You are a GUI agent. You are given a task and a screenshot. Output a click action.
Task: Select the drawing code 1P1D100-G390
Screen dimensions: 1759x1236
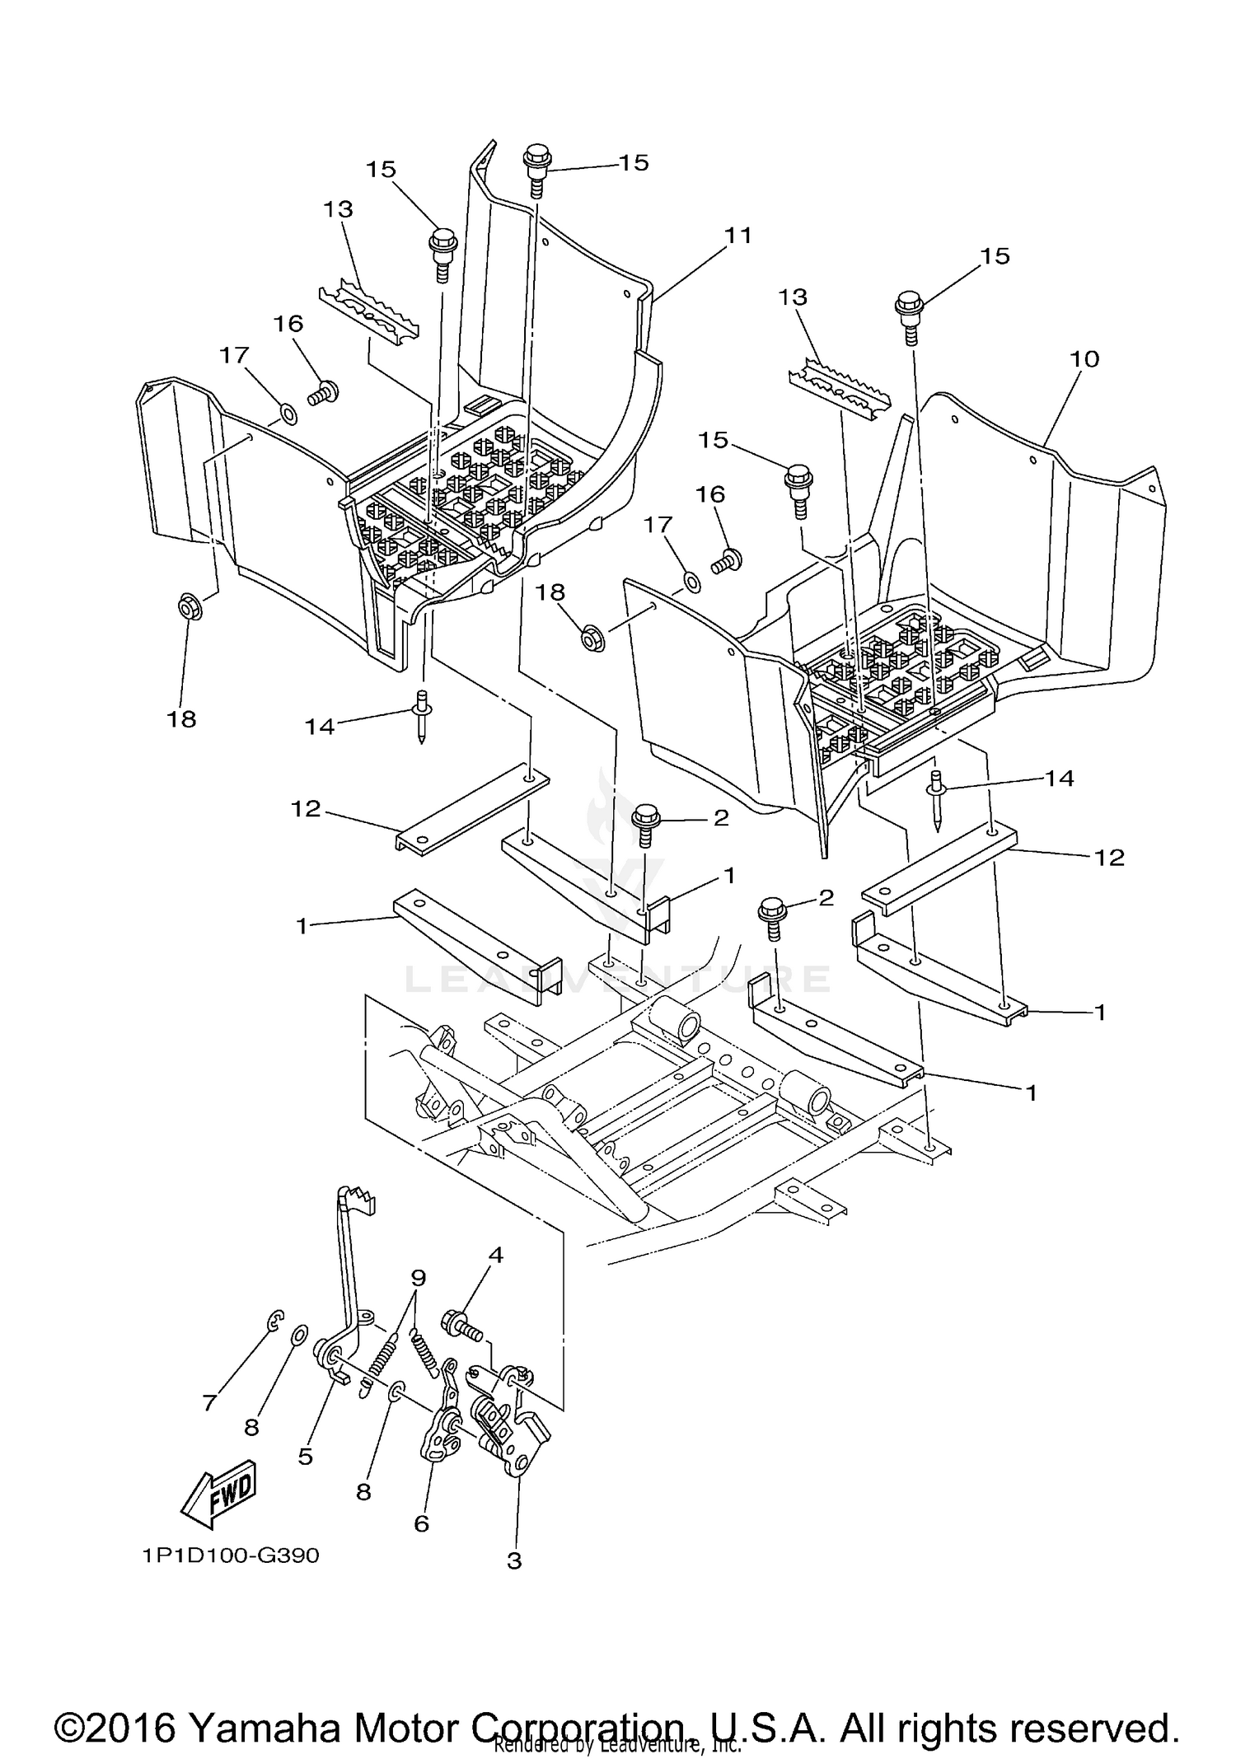pyautogui.click(x=230, y=1555)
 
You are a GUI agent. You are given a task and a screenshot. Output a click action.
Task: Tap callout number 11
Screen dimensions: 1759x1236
pyautogui.click(x=738, y=236)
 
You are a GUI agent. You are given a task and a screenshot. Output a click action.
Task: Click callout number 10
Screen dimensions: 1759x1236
pyautogui.click(x=1084, y=359)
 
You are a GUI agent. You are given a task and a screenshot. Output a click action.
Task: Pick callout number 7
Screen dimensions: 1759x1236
pyautogui.click(x=209, y=1401)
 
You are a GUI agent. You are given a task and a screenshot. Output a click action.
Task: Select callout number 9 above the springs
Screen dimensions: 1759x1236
pyautogui.click(x=419, y=1278)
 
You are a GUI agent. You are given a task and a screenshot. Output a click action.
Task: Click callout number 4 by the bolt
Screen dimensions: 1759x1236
pyautogui.click(x=495, y=1255)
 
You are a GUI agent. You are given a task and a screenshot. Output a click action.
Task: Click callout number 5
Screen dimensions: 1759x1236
pyautogui.click(x=305, y=1457)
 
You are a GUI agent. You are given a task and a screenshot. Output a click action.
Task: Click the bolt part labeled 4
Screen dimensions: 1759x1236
pyautogui.click(x=461, y=1324)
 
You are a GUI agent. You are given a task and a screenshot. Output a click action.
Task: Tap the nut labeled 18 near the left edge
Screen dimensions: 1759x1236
pyautogui.click(x=189, y=609)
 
